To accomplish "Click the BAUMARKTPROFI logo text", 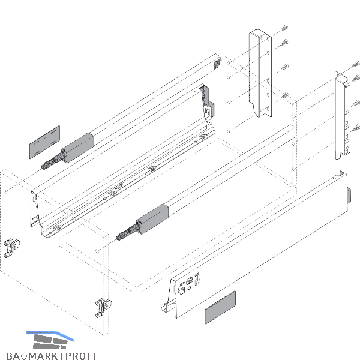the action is click(x=51, y=356).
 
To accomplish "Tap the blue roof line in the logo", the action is click(x=50, y=335).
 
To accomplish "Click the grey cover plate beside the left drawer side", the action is click(x=44, y=142).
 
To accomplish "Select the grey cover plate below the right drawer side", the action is click(x=220, y=307).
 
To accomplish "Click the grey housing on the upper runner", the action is click(x=77, y=148).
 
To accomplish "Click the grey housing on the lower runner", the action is click(x=152, y=219).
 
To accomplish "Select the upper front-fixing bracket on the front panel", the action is click(x=12, y=248).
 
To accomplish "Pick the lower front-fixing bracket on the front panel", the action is click(x=103, y=308).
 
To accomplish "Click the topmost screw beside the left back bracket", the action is click(x=284, y=28).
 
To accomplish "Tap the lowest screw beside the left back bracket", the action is click(x=285, y=95).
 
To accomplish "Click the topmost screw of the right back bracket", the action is click(x=356, y=64).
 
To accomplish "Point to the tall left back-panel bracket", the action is click(x=260, y=73).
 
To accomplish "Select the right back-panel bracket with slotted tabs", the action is click(x=343, y=115).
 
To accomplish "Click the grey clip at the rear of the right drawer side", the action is click(x=349, y=195).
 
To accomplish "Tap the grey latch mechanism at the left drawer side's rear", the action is click(x=208, y=101).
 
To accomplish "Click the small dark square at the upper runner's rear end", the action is click(x=217, y=65).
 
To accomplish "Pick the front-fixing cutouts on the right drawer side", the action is click(x=189, y=283).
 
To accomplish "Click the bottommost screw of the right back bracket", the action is click(x=356, y=128).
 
